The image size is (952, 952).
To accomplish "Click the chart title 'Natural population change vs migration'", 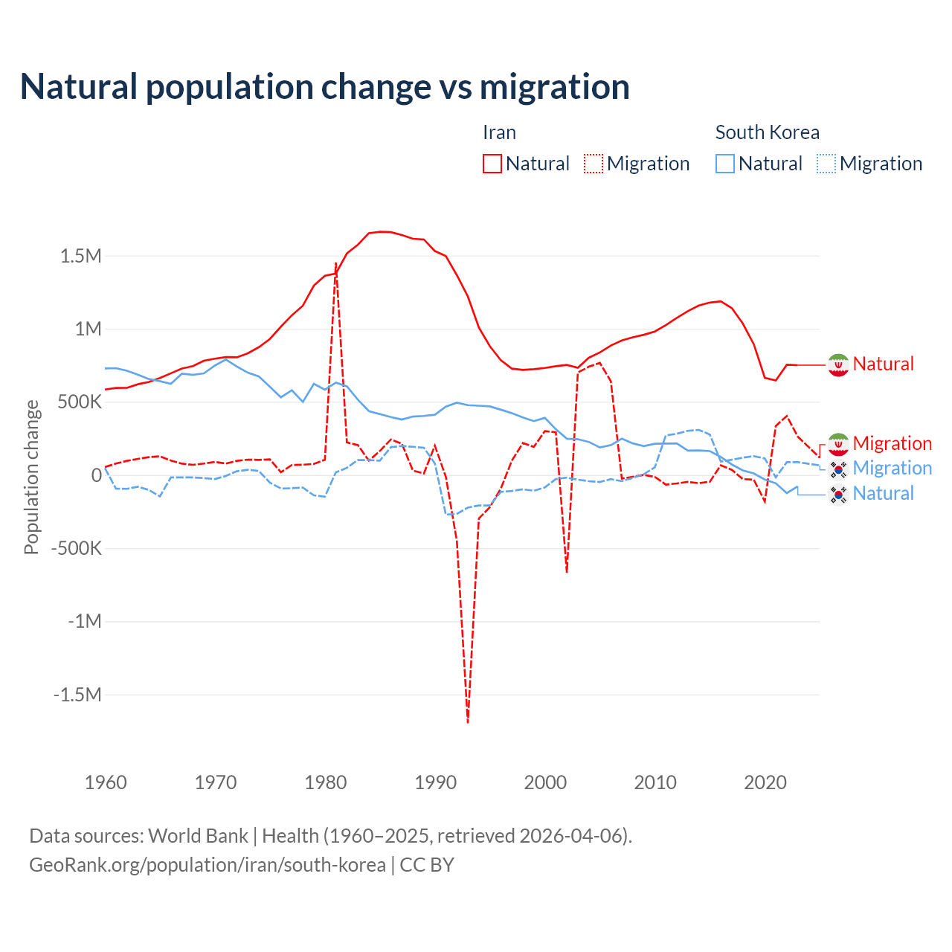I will (x=325, y=87).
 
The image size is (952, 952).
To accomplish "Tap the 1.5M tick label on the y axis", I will (x=81, y=257).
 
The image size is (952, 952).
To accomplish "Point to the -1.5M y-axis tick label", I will (x=77, y=695).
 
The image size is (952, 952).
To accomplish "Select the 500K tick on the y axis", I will (x=75, y=402).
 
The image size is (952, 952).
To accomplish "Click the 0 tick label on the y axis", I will (x=96, y=475).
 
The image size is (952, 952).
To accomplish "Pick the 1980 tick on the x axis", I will (x=326, y=782).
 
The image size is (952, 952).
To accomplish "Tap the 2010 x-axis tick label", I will (x=655, y=782).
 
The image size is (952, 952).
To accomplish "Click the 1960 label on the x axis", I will (x=106, y=782).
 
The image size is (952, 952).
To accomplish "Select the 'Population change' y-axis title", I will (x=31, y=477).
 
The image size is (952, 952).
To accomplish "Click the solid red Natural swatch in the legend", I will (x=492, y=164).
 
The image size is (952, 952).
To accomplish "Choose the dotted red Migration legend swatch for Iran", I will (x=594, y=164).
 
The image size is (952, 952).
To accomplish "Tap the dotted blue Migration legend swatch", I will (x=826, y=164).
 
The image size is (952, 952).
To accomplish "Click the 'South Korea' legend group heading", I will (x=767, y=132).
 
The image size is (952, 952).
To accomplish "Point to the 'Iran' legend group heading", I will (x=499, y=132).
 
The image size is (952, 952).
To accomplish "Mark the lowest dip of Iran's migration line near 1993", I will (x=468, y=721).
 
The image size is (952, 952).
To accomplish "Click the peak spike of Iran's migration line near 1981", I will (x=336, y=264).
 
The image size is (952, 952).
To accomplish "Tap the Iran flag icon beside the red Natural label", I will (x=838, y=364).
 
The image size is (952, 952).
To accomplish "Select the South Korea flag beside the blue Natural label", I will (x=838, y=494).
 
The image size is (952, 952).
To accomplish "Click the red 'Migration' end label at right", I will (x=892, y=443).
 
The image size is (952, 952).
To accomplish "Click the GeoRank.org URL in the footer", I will (x=208, y=865).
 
